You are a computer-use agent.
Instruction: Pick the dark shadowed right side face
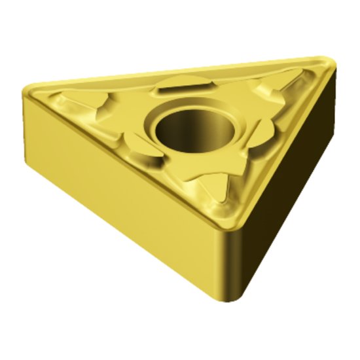point(288,196)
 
